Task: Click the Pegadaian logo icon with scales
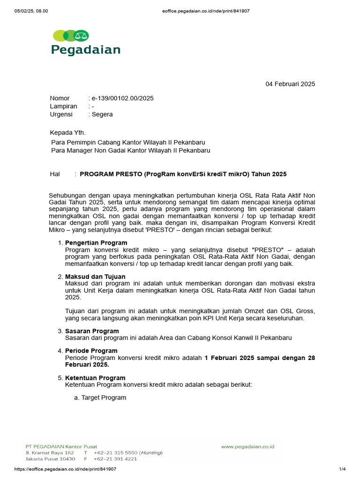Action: click(71, 36)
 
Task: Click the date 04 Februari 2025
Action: click(290, 84)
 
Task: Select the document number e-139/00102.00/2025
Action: click(122, 98)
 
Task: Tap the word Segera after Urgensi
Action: click(102, 114)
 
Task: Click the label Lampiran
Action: click(63, 106)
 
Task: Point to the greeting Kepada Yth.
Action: click(68, 133)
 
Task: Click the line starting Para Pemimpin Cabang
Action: click(127, 142)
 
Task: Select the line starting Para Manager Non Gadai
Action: click(130, 150)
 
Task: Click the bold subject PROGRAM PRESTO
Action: click(183, 174)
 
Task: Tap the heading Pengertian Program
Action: click(96, 243)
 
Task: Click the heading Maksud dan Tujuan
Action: click(95, 277)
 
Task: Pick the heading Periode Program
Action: click(91, 351)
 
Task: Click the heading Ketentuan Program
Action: click(95, 378)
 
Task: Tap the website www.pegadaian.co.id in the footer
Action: click(248, 447)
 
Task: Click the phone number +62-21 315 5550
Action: click(115, 453)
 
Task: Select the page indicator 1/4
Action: click(342, 469)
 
